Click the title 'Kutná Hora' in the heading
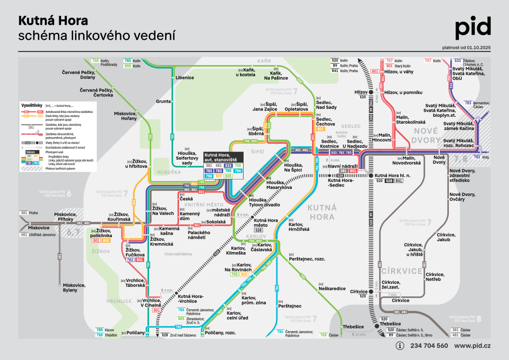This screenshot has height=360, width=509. tap(53, 21)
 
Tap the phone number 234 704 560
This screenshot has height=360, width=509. tap(429, 346)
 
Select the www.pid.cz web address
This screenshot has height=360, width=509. tap(473, 346)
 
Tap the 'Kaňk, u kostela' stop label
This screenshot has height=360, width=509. tap(246, 74)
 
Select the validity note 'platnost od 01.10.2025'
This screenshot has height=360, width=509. tap(466, 48)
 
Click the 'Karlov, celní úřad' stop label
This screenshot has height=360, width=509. tap(237, 315)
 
